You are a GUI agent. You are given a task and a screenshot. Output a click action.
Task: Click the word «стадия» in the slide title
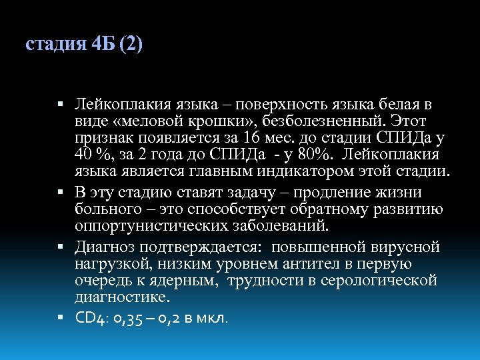[54, 46]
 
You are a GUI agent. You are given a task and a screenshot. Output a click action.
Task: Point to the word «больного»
[107, 210]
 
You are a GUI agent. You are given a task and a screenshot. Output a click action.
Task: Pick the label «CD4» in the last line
[89, 318]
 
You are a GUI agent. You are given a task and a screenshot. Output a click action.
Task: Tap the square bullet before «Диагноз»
[61, 248]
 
